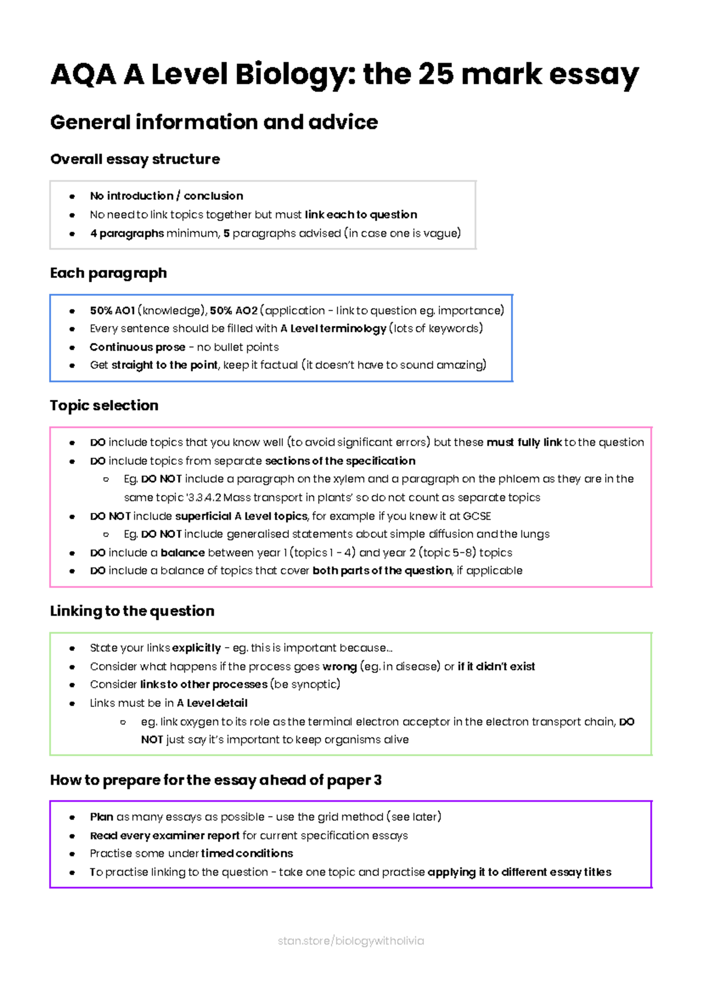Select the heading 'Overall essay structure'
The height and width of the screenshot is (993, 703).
(x=135, y=159)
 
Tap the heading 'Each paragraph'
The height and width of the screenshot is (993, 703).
(x=108, y=273)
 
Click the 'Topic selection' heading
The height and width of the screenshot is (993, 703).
(x=104, y=406)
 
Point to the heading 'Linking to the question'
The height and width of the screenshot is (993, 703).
(x=132, y=611)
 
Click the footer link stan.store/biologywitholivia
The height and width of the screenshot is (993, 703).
(x=350, y=941)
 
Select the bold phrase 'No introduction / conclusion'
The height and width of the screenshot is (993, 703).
(x=166, y=196)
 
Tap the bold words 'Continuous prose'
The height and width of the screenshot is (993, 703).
(x=137, y=347)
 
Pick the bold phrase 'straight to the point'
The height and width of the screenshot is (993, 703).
(x=165, y=365)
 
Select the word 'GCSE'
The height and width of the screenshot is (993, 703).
(x=477, y=516)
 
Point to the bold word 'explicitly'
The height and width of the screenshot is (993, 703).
(x=196, y=648)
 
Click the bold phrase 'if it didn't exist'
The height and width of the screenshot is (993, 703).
(x=496, y=666)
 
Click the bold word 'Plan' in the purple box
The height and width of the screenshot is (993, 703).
(x=101, y=817)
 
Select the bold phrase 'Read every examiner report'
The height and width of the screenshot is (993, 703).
(x=165, y=836)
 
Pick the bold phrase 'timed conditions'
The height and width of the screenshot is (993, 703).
(x=247, y=853)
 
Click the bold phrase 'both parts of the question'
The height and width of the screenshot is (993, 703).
(x=382, y=571)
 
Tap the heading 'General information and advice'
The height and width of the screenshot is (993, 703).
(x=214, y=123)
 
